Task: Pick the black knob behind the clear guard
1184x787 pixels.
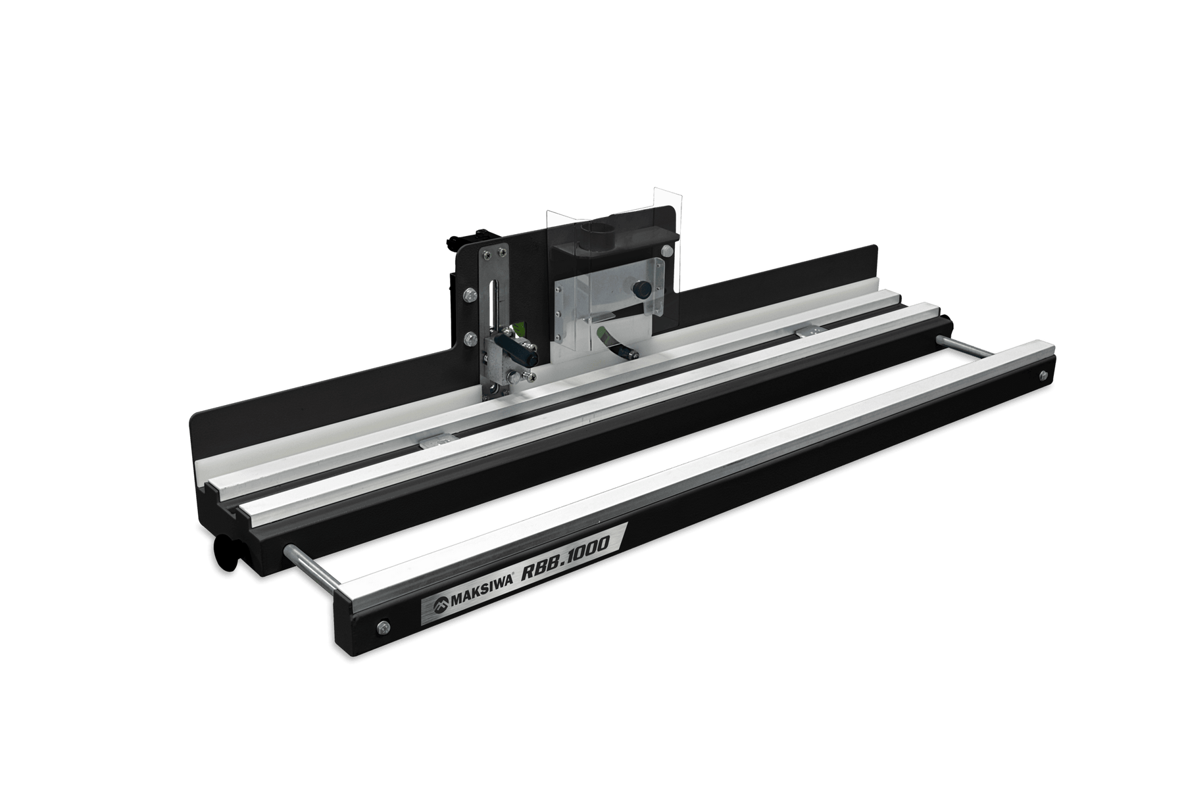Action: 639,289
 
